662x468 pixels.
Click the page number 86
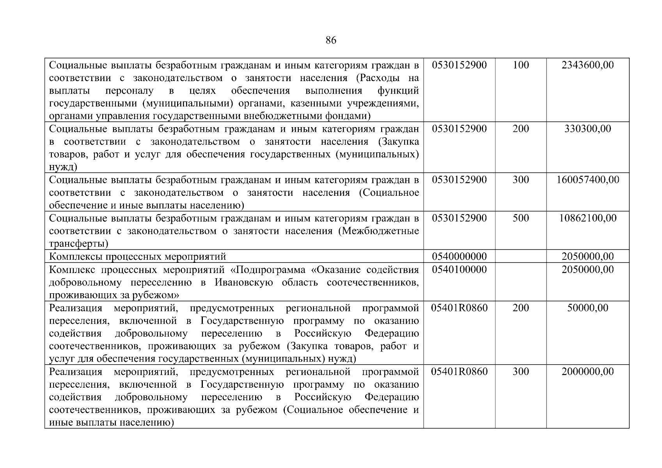pyautogui.click(x=330, y=41)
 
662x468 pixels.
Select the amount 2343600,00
pyautogui.click(x=587, y=65)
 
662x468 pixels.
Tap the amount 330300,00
pyautogui.click(x=587, y=129)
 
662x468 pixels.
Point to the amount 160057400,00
pyautogui.click(x=587, y=180)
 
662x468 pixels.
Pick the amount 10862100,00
pyautogui.click(x=587, y=218)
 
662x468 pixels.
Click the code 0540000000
pyautogui.click(x=459, y=257)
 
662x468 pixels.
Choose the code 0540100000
pyautogui.click(x=459, y=269)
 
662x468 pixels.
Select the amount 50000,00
pyautogui.click(x=587, y=308)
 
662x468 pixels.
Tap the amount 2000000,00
pyautogui.click(x=587, y=372)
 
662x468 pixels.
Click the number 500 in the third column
pyautogui.click(x=520, y=218)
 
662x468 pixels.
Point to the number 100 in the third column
pyautogui.click(x=520, y=65)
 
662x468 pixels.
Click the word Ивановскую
pyautogui.click(x=244, y=282)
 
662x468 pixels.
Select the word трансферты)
pyautogui.click(x=79, y=244)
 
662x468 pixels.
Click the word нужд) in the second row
pyautogui.click(x=63, y=167)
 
